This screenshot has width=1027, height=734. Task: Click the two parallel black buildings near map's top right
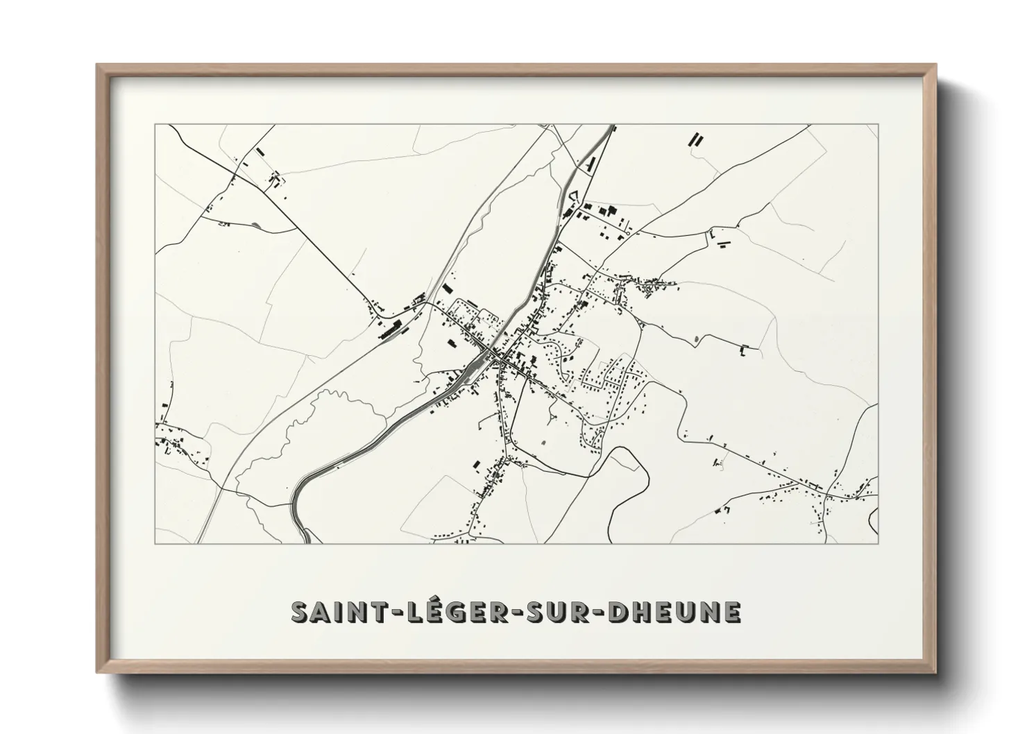[695, 139]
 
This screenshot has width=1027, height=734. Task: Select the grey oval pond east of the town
[695, 339]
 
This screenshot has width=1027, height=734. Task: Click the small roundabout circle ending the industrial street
[627, 234]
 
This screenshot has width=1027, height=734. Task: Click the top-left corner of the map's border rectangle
[155, 125]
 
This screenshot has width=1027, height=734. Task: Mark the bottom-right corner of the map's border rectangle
[878, 543]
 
